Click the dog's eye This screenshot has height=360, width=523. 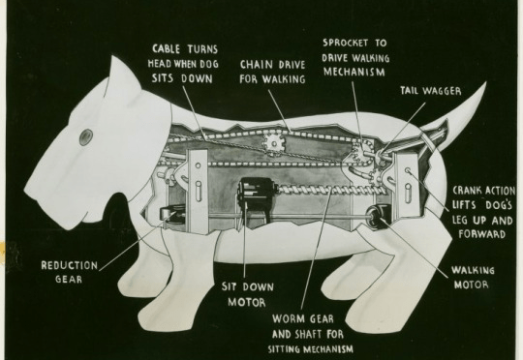tap(85, 137)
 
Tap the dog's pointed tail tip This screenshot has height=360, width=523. tap(484, 83)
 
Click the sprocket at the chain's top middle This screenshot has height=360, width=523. tap(274, 143)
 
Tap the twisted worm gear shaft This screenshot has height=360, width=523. tap(327, 191)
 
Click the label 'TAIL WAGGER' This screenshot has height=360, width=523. tap(431, 91)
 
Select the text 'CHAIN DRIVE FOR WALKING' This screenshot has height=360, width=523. tap(272, 72)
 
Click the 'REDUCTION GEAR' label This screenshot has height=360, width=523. tap(70, 272)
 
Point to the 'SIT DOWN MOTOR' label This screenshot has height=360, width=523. tap(248, 294)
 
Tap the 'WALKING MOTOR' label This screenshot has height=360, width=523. tap(473, 278)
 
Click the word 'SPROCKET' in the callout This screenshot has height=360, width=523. tap(345, 43)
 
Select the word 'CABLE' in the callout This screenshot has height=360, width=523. tap(167, 49)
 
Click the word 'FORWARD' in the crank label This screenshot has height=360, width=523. tap(481, 234)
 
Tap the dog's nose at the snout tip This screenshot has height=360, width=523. tap(28, 191)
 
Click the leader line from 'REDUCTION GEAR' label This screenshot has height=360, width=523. tap(138, 242)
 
